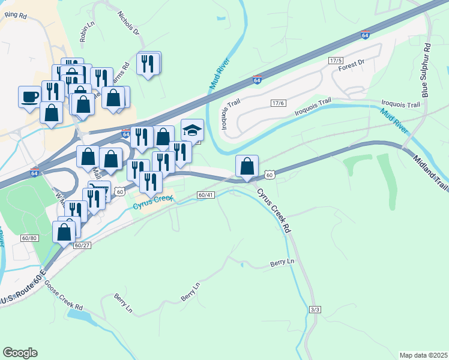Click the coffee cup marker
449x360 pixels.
pyautogui.click(x=29, y=97)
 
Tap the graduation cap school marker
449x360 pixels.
pyautogui.click(x=192, y=130)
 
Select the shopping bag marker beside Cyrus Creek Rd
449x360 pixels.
pyautogui.click(x=247, y=166)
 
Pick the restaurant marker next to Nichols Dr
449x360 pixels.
pyautogui.click(x=148, y=63)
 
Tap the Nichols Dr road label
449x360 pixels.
pyautogui.click(x=129, y=23)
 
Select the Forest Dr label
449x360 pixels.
pyautogui.click(x=351, y=63)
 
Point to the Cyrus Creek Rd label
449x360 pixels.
pyautogui.click(x=274, y=211)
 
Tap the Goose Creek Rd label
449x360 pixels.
pyautogui.click(x=63, y=296)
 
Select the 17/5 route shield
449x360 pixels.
pyautogui.click(x=335, y=61)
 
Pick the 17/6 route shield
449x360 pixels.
pyautogui.click(x=277, y=103)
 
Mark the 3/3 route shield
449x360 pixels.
pyautogui.click(x=315, y=309)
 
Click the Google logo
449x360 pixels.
pyautogui.click(x=20, y=353)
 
